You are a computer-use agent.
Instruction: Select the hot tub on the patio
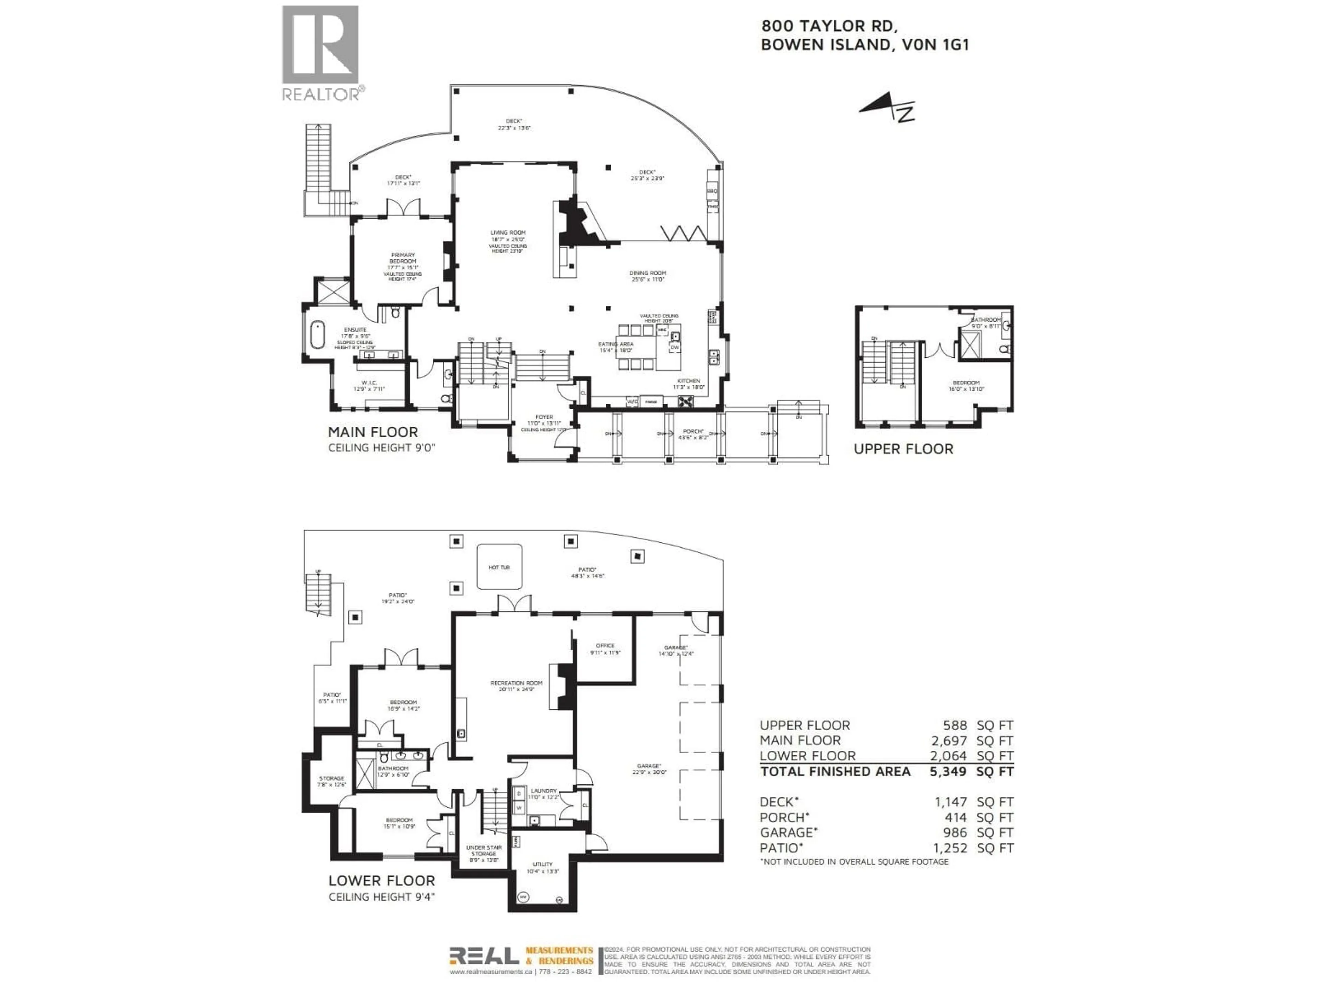499,567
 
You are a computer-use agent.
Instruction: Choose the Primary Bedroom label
403,258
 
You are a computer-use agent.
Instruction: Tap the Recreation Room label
516,683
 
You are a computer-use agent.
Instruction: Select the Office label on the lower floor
605,646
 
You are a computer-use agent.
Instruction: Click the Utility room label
542,864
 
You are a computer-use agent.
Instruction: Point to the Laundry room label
544,791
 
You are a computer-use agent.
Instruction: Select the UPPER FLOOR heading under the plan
903,449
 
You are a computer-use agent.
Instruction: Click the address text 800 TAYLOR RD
829,26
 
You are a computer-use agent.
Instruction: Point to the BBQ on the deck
712,191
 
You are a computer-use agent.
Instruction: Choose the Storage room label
332,778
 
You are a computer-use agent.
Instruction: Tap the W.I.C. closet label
369,382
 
